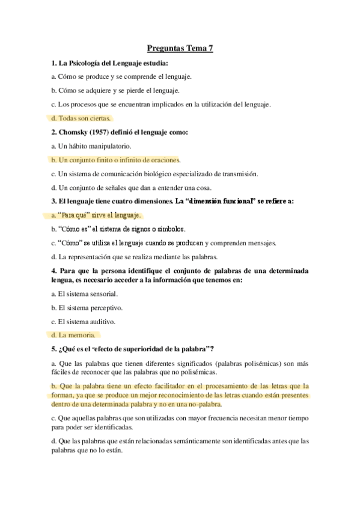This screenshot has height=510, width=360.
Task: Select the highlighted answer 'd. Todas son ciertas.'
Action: (x=81, y=118)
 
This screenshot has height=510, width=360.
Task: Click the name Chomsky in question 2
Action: (x=75, y=132)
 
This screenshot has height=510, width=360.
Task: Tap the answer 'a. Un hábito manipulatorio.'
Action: (x=91, y=146)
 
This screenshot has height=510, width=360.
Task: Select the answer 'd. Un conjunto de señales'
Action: (x=133, y=188)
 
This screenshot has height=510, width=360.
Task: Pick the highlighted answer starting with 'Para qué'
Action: (x=96, y=215)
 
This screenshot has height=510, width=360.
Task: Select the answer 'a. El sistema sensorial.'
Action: (x=85, y=293)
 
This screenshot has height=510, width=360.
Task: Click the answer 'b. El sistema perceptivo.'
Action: (x=87, y=307)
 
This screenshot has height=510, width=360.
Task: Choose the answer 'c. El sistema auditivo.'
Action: (x=84, y=321)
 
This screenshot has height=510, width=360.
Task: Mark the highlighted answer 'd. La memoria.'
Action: (x=73, y=335)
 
